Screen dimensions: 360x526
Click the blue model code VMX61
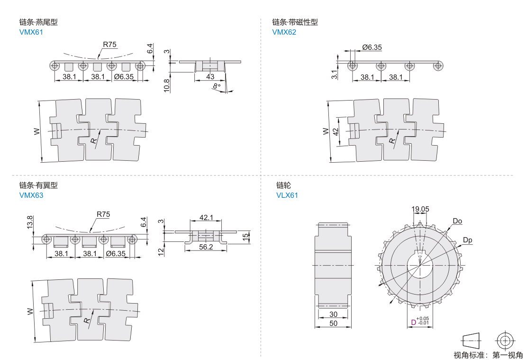(31, 32)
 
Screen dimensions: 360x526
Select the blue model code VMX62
(284, 32)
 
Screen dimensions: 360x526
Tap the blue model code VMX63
(31, 195)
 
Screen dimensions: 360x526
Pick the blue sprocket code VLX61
(287, 195)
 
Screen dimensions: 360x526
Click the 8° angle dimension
(217, 86)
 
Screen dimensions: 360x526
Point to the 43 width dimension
(210, 76)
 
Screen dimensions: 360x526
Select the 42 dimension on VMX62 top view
(336, 131)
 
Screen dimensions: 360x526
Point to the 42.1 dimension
(206, 217)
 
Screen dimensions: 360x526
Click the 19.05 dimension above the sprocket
(420, 209)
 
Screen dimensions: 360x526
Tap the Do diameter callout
(457, 221)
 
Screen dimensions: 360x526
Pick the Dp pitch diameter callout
(467, 240)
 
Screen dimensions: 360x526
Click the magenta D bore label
(413, 323)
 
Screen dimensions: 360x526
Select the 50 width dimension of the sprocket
(333, 323)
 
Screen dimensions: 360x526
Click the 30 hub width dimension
(333, 314)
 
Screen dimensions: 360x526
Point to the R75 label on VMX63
(103, 214)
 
